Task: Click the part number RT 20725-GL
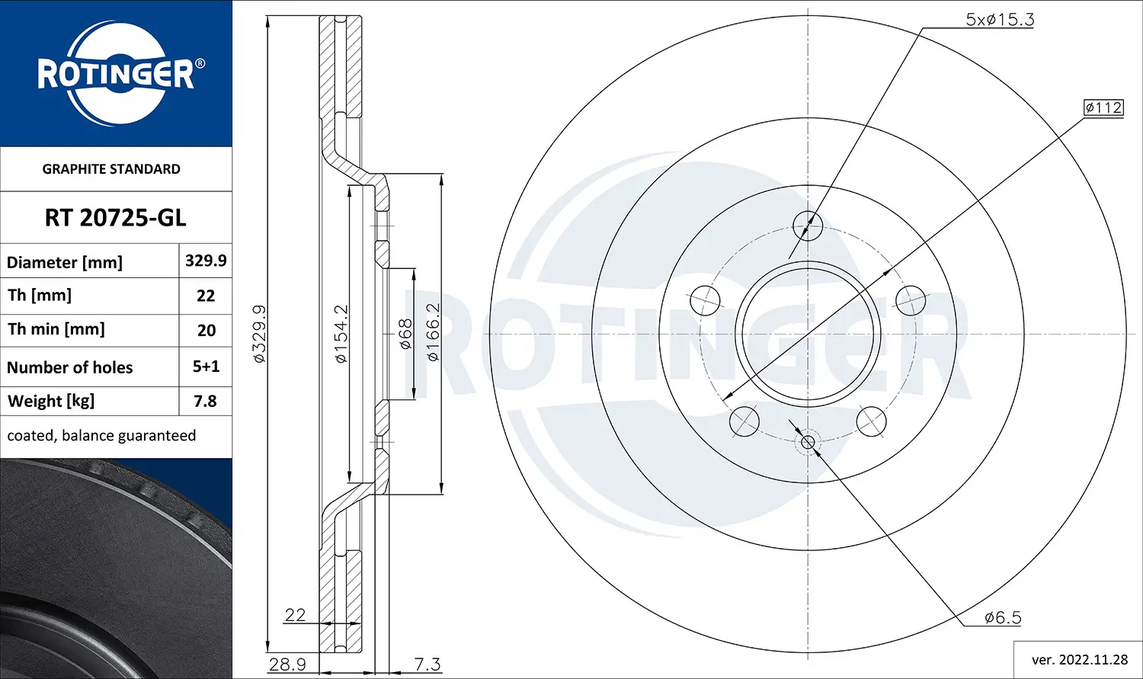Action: coord(115,218)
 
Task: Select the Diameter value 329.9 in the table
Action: coord(206,261)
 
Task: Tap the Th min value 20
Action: coord(206,331)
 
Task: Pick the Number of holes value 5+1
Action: coord(206,367)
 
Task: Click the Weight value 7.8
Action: coord(205,401)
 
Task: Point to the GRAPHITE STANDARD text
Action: coord(111,169)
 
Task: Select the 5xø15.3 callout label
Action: coord(1000,20)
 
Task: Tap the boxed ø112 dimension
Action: coord(1103,107)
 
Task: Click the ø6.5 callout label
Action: coord(1002,617)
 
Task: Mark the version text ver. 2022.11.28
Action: coord(1079,659)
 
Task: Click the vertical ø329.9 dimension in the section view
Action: coord(259,334)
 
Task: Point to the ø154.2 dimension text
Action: coord(341,334)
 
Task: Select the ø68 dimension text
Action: coord(405,334)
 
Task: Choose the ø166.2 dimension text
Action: coord(433,332)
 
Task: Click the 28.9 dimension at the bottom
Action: coord(287,664)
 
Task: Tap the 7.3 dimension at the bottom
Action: coord(427,664)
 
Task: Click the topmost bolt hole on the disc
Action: coord(808,225)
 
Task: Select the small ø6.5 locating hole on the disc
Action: coord(808,442)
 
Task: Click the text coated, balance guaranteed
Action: coord(101,436)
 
